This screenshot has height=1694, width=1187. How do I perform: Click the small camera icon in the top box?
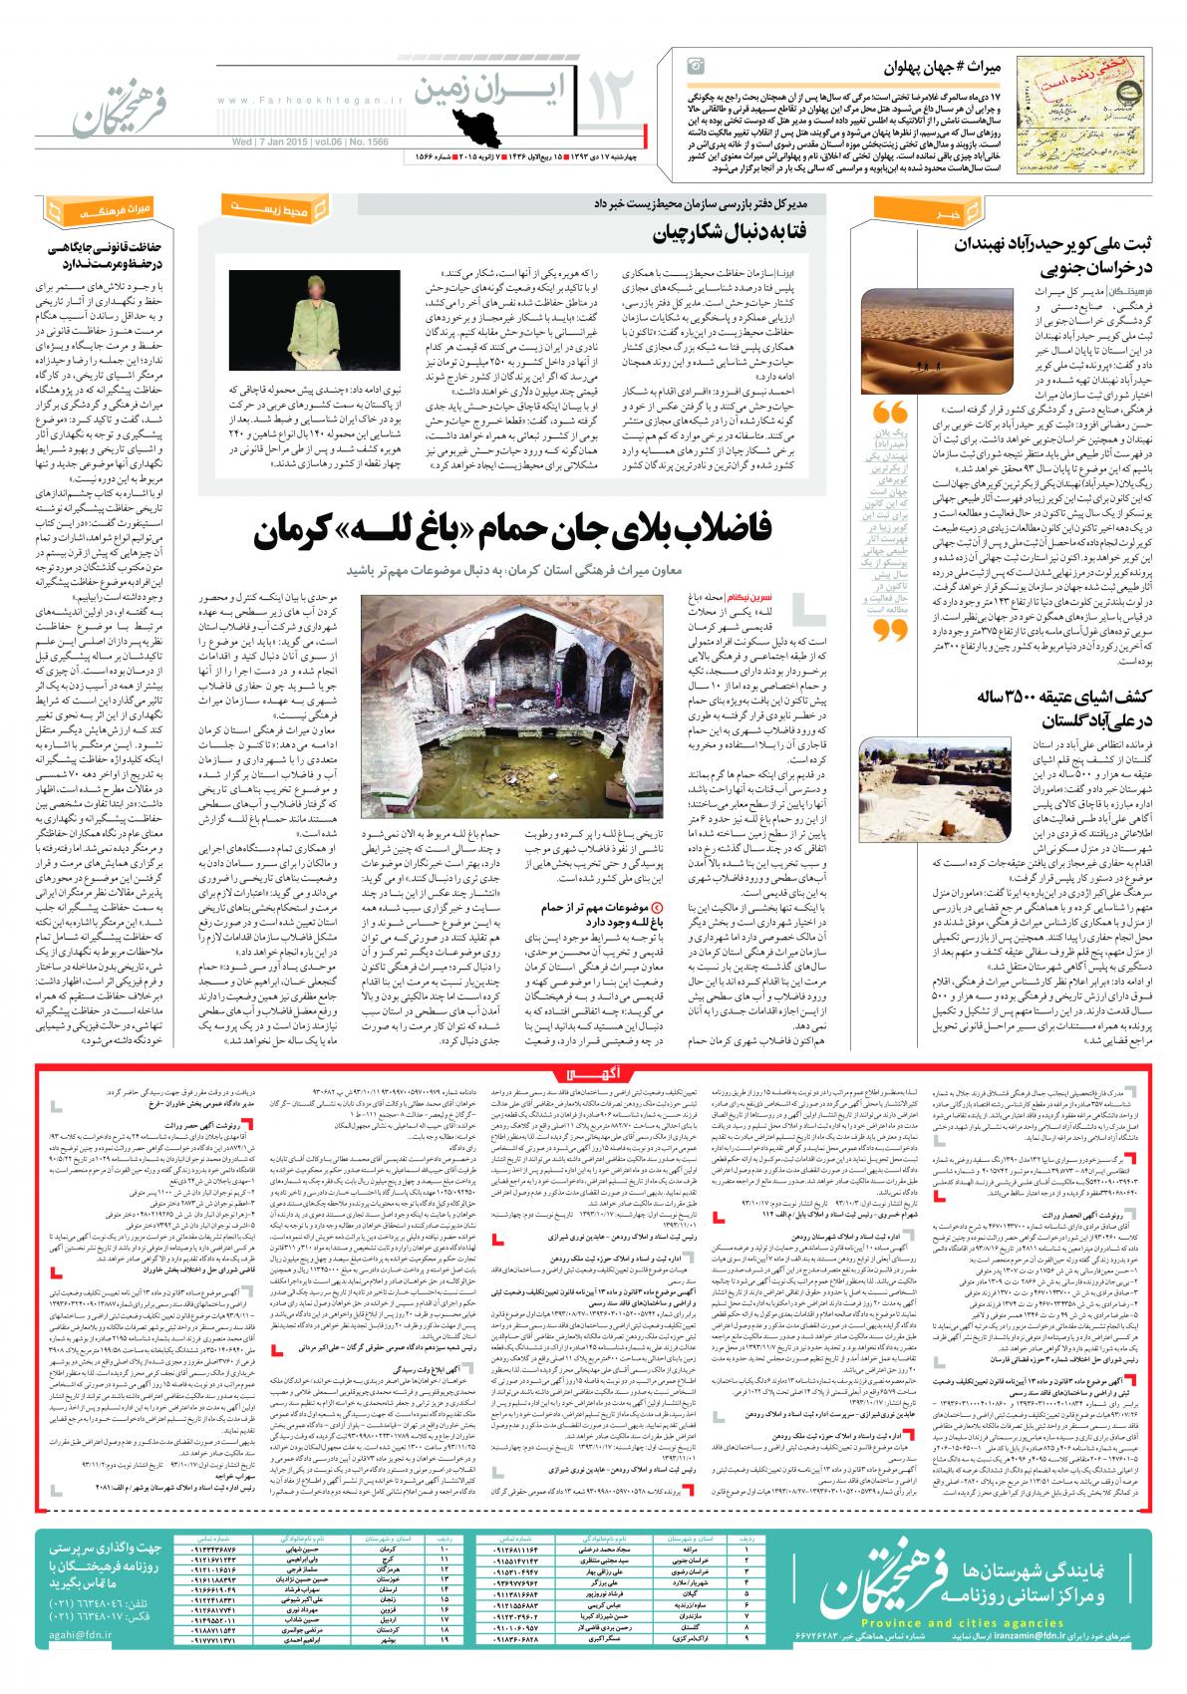[x=696, y=66]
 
